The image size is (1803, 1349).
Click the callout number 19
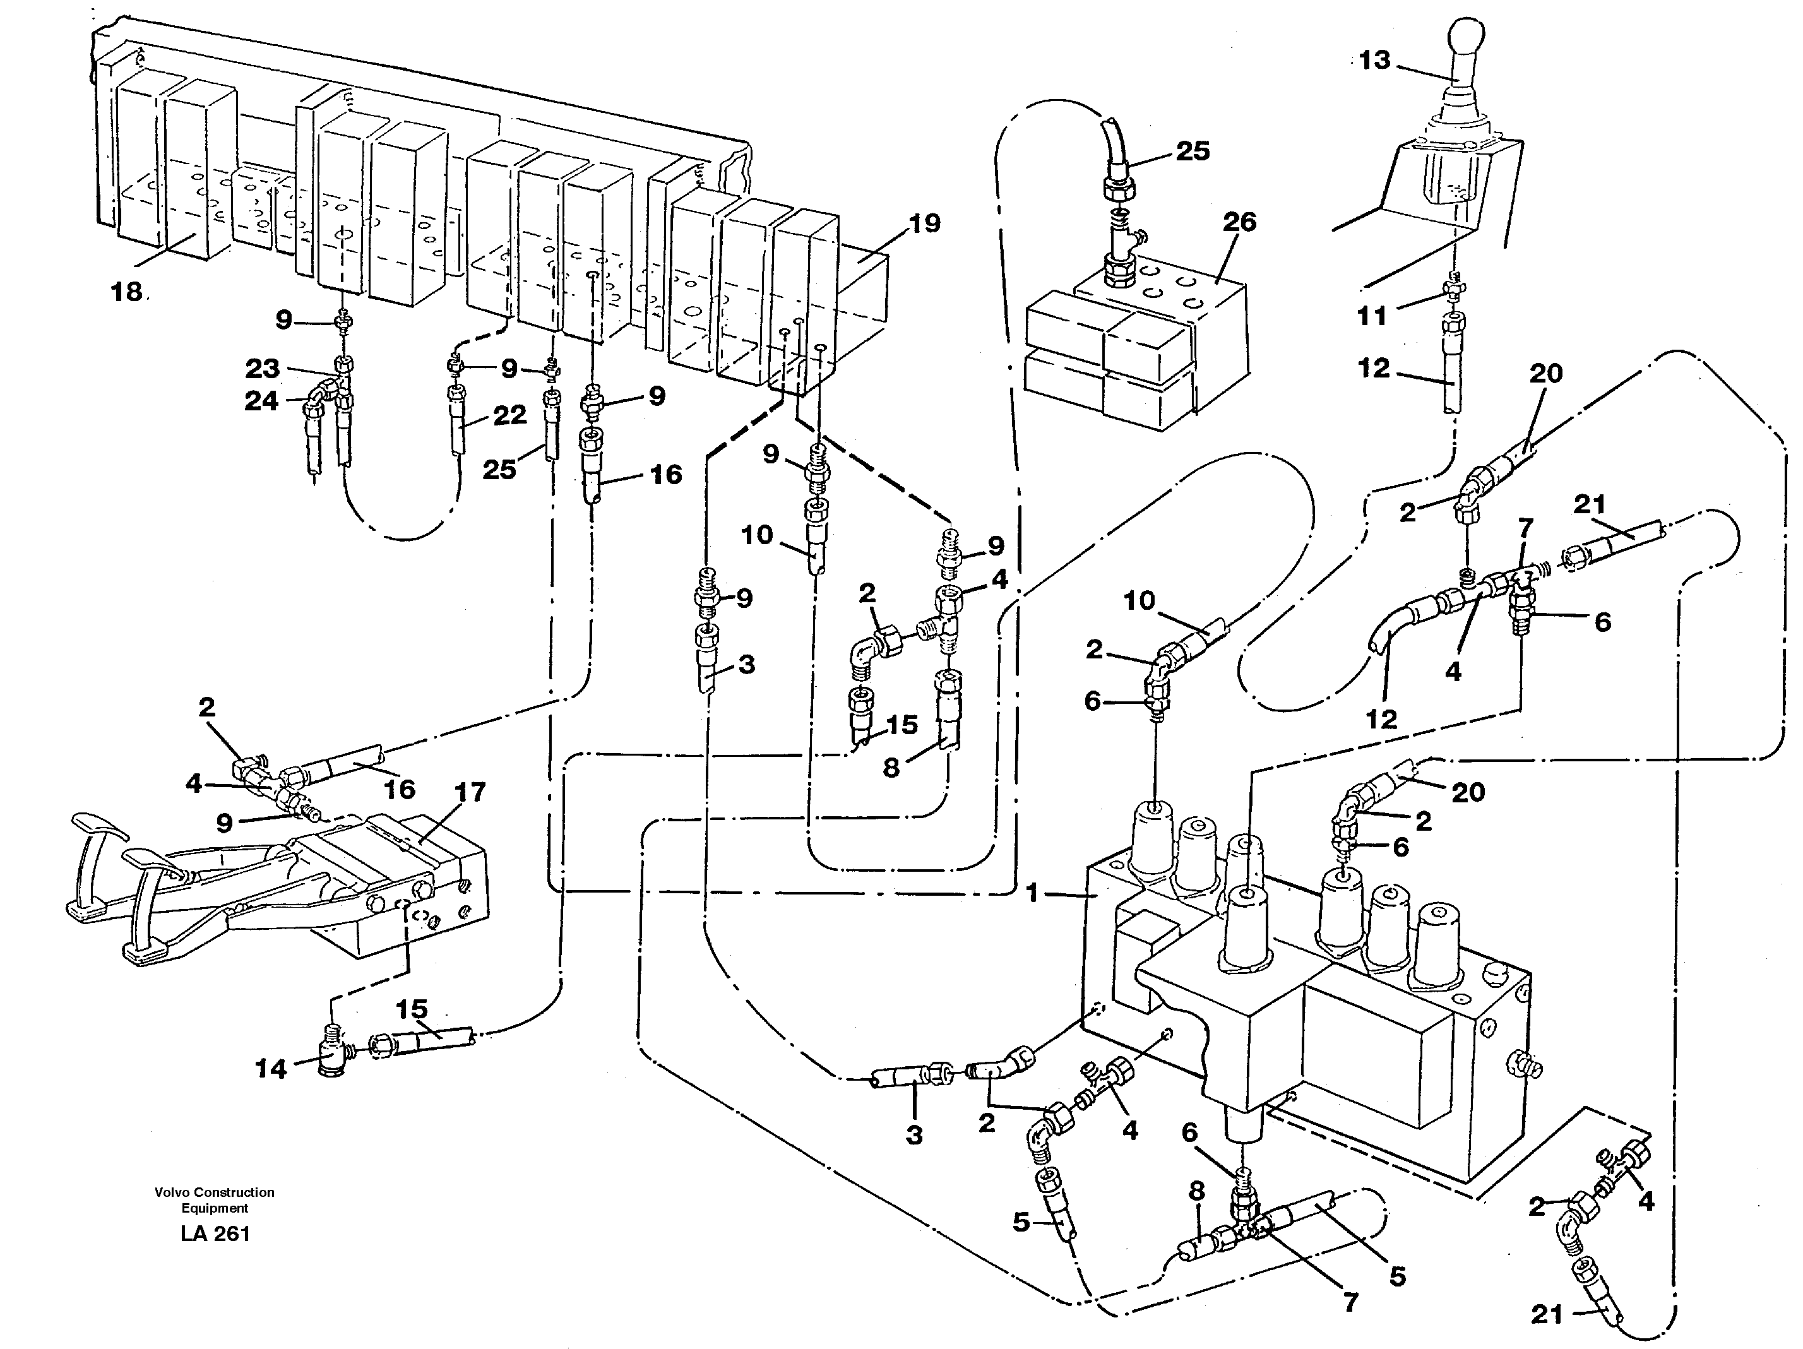(x=924, y=223)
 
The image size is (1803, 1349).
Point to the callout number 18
(x=126, y=291)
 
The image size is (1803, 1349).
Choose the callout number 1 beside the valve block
(x=1033, y=893)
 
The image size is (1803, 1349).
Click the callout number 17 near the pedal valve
(x=470, y=792)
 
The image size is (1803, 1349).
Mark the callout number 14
(x=271, y=1069)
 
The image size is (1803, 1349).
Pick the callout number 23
(x=263, y=369)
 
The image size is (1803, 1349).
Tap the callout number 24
(x=261, y=400)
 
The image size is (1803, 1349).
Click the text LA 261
(x=215, y=1234)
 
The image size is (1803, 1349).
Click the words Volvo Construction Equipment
(x=215, y=1200)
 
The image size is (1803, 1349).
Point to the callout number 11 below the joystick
(x=1372, y=316)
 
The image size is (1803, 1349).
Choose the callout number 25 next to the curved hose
(x=1192, y=151)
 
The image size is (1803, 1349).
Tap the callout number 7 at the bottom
(x=1350, y=1302)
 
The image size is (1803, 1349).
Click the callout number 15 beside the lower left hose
(x=412, y=1009)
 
